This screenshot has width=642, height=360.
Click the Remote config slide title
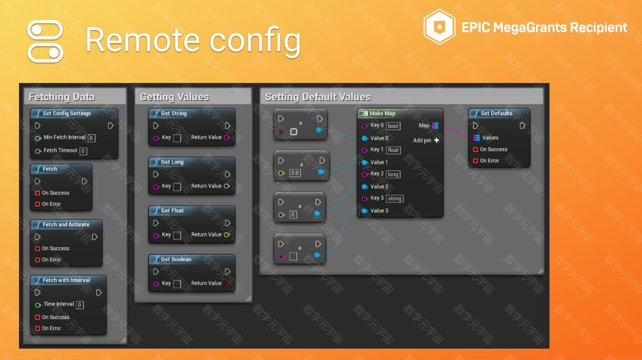[x=193, y=41]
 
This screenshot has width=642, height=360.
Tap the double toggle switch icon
[x=45, y=41]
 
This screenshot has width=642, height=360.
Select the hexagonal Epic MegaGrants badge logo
[x=439, y=27]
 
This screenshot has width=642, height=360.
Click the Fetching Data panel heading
[x=62, y=97]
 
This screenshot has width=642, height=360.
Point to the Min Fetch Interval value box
[x=91, y=138]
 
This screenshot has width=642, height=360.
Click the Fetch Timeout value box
[x=83, y=151]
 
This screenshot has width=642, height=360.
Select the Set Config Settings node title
[x=67, y=113]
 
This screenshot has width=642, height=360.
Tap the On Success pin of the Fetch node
[x=37, y=193]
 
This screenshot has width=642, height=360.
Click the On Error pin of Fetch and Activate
[x=37, y=260]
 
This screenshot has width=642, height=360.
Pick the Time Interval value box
[x=80, y=305]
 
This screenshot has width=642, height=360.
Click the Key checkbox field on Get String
[x=177, y=138]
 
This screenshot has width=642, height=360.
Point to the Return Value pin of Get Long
[x=227, y=186]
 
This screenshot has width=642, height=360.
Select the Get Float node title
[x=172, y=211]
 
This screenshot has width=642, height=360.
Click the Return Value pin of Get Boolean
[x=227, y=283]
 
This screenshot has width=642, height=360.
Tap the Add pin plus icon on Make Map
[x=437, y=141]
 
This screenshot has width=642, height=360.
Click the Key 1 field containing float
[x=393, y=150]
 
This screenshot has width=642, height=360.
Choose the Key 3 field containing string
[x=395, y=198]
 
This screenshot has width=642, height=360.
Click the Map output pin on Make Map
[x=435, y=126]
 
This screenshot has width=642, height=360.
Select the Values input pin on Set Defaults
[x=477, y=138]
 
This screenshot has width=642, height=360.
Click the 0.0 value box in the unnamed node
[x=295, y=173]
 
